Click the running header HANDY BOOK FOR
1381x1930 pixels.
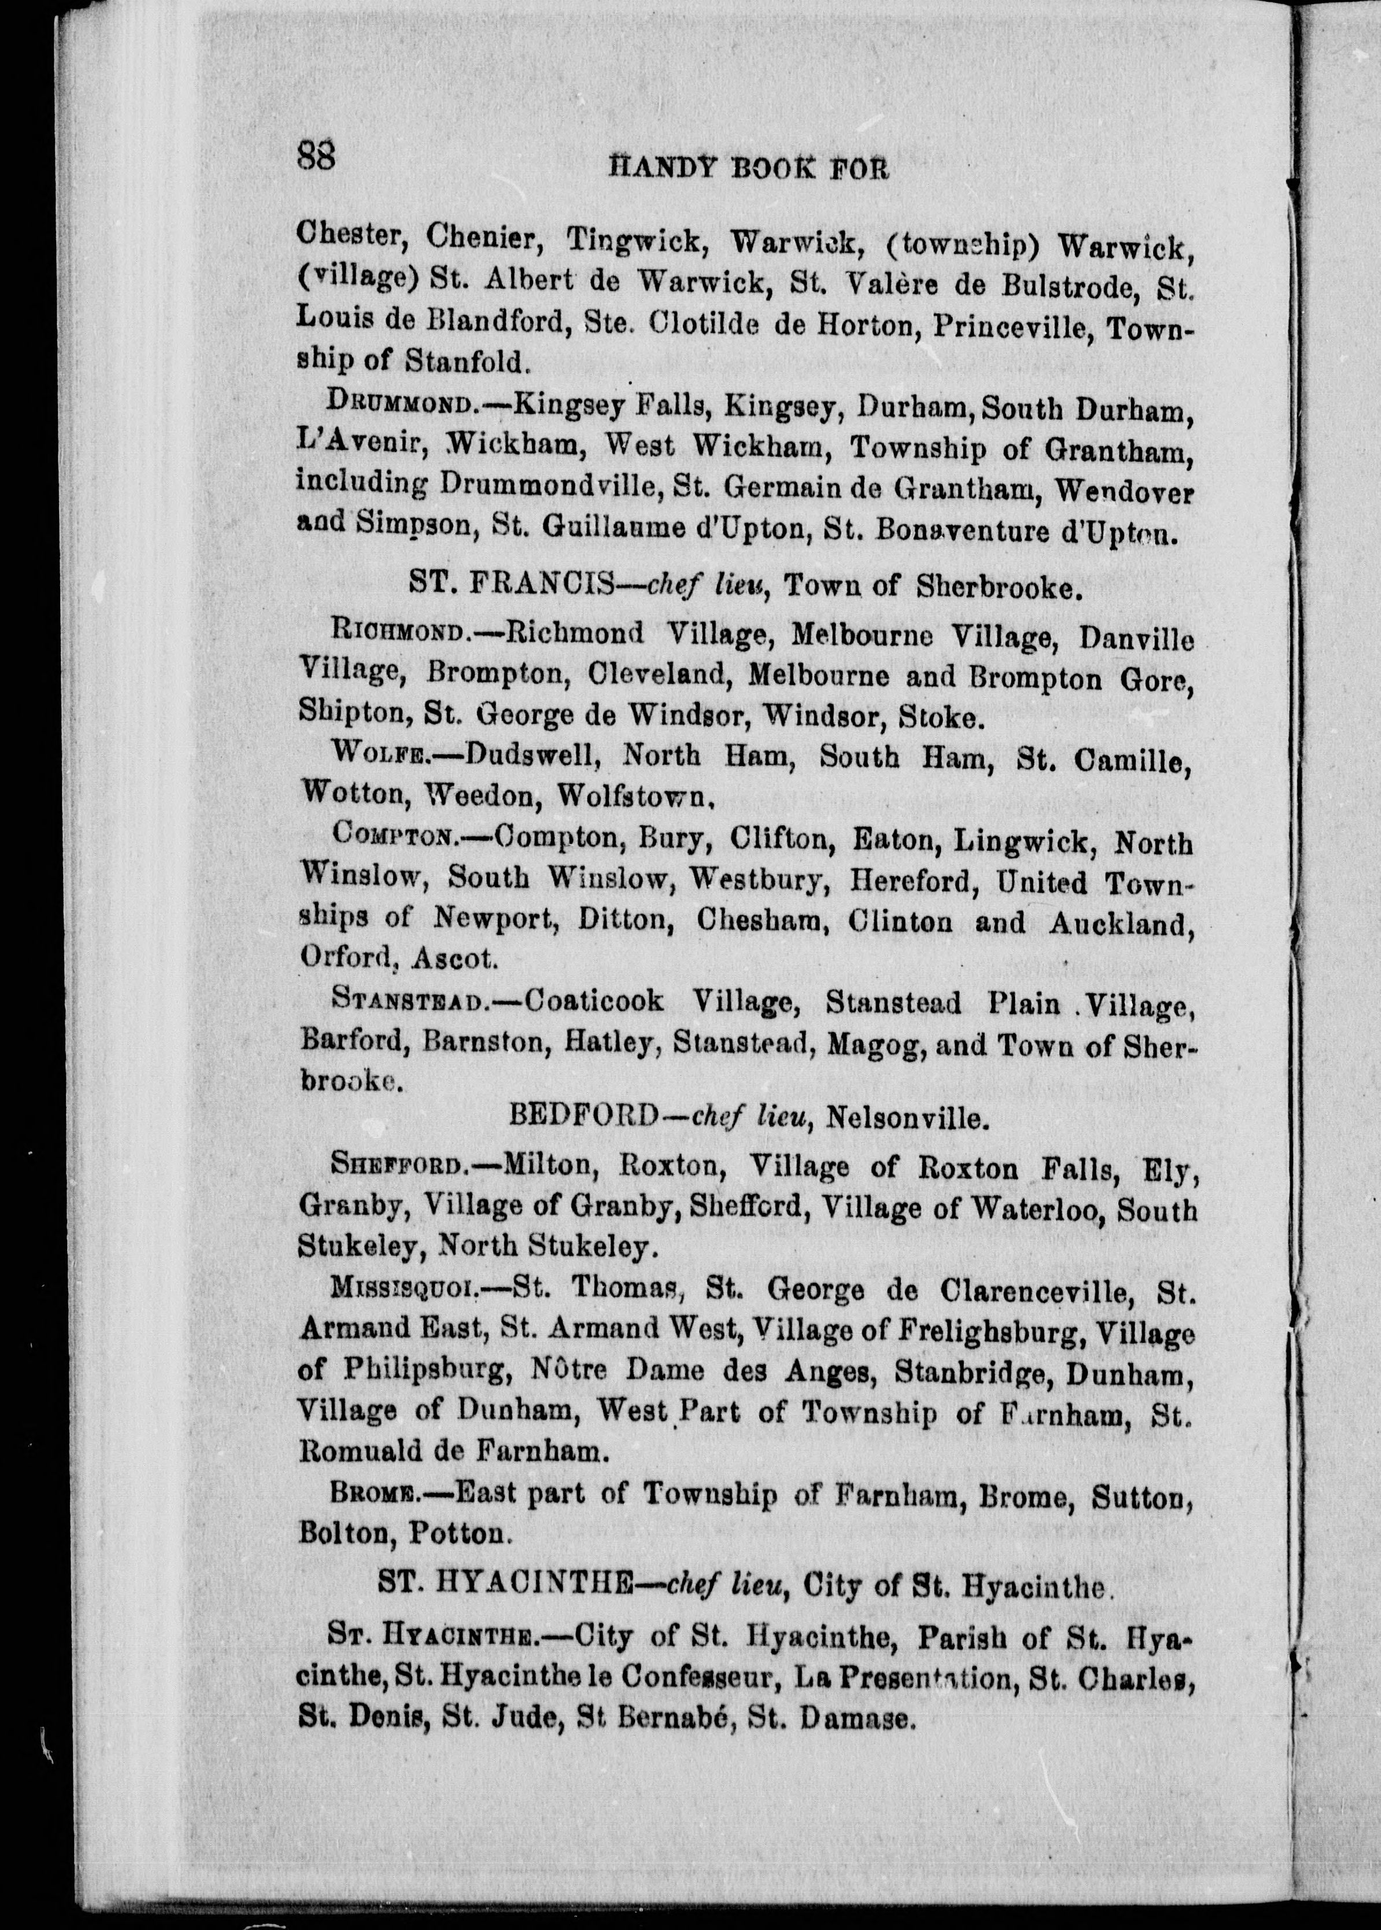pyautogui.click(x=749, y=170)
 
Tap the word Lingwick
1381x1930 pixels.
pyautogui.click(x=1021, y=842)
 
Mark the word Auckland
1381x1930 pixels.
pyautogui.click(x=1121, y=924)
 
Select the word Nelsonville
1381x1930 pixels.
pyautogui.click(x=908, y=1117)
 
